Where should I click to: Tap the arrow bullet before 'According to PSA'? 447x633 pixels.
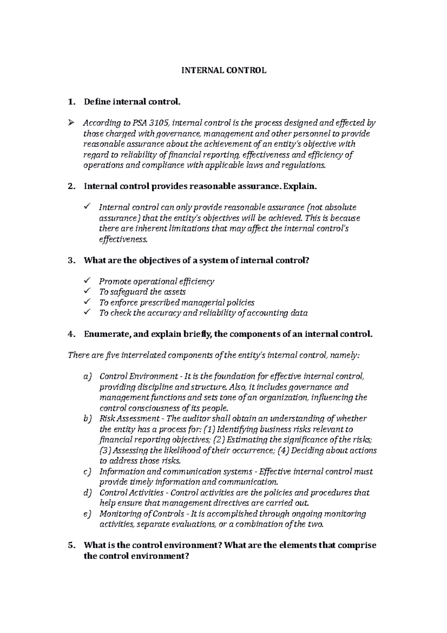(72, 123)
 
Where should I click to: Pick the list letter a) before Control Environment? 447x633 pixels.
(87, 377)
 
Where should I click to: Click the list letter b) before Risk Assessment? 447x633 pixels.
(87, 419)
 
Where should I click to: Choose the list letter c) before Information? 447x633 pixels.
(87, 472)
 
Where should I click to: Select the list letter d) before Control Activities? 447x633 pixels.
(87, 493)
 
